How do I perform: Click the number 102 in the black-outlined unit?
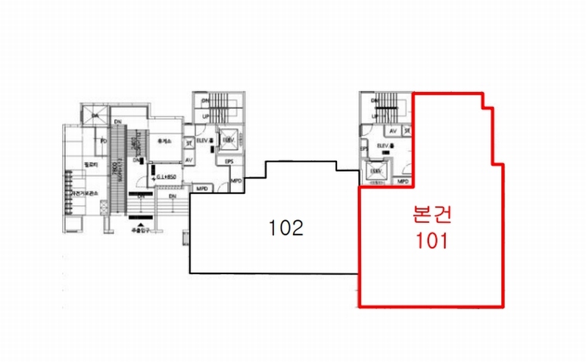pyautogui.click(x=286, y=228)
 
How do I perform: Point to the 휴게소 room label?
pyautogui.click(x=164, y=142)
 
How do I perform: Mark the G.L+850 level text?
pyautogui.click(x=167, y=177)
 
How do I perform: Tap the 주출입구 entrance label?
pyautogui.click(x=140, y=229)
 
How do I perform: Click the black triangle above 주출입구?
pyautogui.click(x=140, y=221)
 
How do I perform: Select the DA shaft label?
pyautogui.click(x=94, y=116)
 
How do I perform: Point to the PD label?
pyautogui.click(x=104, y=140)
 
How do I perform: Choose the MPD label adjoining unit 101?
pyautogui.click(x=402, y=181)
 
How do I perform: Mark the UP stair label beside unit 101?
pyautogui.click(x=371, y=118)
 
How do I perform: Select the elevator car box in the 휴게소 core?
pyautogui.click(x=229, y=139)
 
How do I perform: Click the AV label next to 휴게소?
pyautogui.click(x=188, y=160)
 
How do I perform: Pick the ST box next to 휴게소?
pyautogui.click(x=188, y=143)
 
